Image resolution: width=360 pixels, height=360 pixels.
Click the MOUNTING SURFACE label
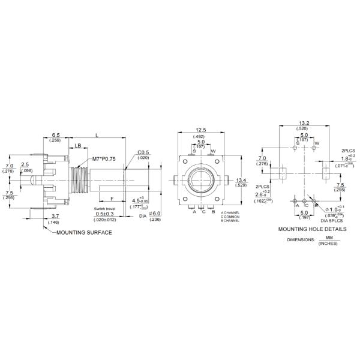pos(84,232)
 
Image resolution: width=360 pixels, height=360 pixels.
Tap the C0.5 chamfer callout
pos(143,152)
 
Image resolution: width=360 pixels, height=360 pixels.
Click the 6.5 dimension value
pos(55,135)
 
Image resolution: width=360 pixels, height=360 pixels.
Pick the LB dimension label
pos(78,146)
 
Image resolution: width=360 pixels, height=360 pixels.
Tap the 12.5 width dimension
pos(200,130)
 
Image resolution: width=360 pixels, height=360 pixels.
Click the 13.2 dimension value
pos(304,123)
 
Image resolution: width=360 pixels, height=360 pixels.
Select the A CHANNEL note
pos(230,212)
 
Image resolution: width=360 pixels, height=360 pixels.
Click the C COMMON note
pos(230,217)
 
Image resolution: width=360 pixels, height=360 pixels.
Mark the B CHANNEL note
pos(230,221)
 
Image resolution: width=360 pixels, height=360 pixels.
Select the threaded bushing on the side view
pos(79,178)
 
